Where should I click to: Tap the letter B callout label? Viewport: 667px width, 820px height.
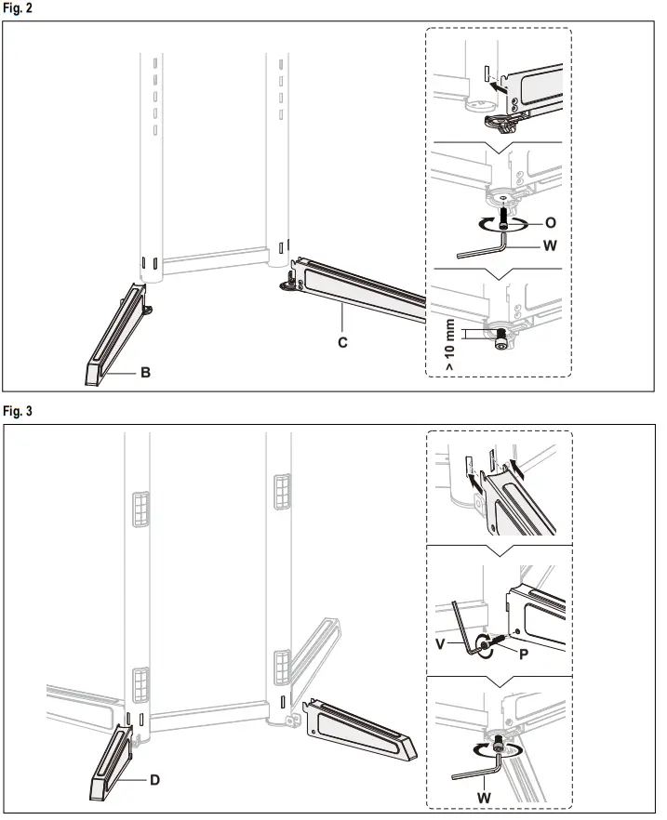tap(145, 373)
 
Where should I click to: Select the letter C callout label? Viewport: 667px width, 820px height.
tap(342, 342)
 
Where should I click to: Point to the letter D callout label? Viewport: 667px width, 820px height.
tap(154, 779)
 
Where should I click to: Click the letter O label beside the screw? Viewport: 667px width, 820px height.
tap(550, 223)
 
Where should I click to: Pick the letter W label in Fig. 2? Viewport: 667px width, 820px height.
tap(549, 246)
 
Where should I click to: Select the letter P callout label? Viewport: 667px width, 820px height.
tap(524, 654)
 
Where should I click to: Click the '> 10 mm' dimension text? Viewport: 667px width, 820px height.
tap(449, 344)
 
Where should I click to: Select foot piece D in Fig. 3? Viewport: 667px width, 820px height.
tap(111, 762)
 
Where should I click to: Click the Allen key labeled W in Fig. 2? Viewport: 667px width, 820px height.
tap(484, 249)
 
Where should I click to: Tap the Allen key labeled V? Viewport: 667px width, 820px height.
tap(461, 628)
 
